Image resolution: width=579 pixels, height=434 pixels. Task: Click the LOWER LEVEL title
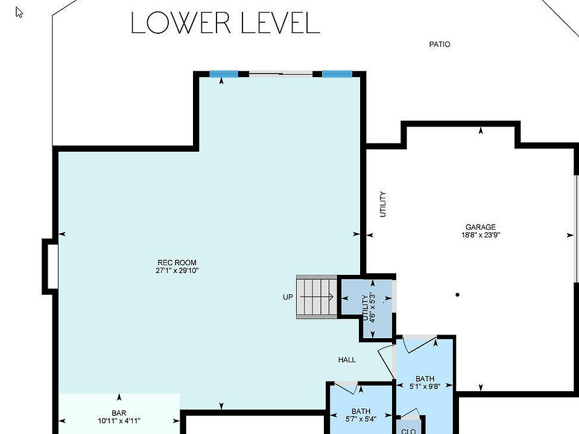click(x=225, y=23)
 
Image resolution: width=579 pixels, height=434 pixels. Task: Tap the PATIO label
click(x=440, y=44)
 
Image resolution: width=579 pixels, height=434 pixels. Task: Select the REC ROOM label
click(x=177, y=262)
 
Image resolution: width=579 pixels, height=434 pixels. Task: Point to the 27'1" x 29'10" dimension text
click(x=177, y=270)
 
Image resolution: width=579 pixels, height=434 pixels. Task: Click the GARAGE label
click(x=481, y=227)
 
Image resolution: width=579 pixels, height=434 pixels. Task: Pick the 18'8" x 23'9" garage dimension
click(x=481, y=234)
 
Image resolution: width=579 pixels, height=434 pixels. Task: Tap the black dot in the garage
click(x=458, y=295)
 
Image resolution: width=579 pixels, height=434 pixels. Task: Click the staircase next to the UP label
click(x=317, y=297)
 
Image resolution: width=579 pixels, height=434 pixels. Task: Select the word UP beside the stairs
click(x=288, y=297)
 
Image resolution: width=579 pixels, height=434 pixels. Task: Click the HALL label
click(x=347, y=359)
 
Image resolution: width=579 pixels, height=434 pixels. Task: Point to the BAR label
click(x=119, y=413)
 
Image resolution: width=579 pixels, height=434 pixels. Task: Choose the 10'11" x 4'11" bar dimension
click(x=119, y=421)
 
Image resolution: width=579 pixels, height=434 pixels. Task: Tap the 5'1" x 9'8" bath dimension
click(x=425, y=386)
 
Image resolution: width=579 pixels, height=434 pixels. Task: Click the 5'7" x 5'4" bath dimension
click(x=361, y=419)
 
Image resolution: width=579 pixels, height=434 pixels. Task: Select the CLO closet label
click(x=408, y=431)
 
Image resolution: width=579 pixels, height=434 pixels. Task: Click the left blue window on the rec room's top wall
click(x=224, y=74)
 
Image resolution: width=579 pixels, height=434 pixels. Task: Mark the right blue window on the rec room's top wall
click(x=337, y=74)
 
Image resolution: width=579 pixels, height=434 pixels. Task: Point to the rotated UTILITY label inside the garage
click(x=383, y=204)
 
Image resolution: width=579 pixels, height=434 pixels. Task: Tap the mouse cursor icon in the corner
click(x=19, y=13)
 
